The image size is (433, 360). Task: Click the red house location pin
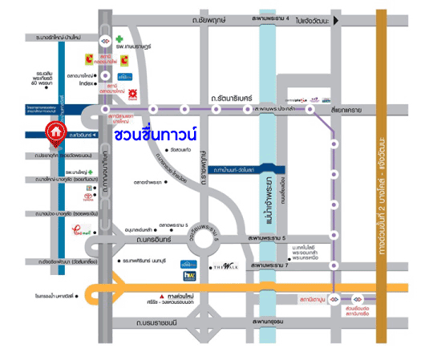pos(55,130)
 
